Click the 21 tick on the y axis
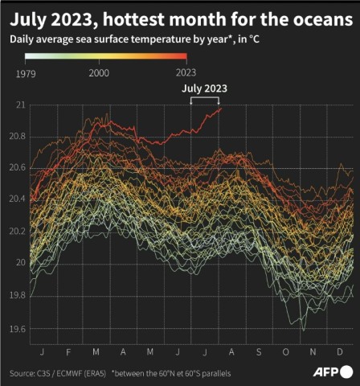(20, 105)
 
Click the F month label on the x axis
(68, 352)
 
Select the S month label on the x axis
(259, 352)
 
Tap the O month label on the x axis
(286, 352)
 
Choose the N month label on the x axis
(313, 352)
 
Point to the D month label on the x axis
(340, 352)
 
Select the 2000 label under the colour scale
(99, 72)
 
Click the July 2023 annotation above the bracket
(205, 88)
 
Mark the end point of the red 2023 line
(220, 108)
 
